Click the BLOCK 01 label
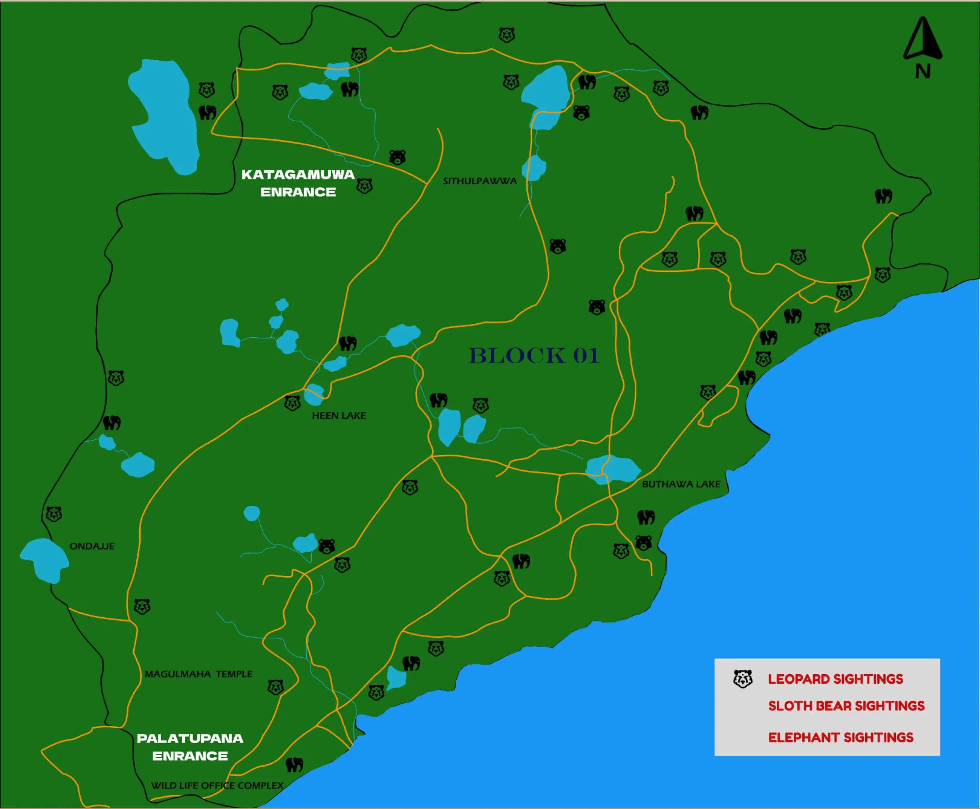534,356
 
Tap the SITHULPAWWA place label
480,181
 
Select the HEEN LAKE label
339,415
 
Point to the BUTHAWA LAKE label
681,484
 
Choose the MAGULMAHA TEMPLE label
199,674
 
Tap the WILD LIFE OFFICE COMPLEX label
217,785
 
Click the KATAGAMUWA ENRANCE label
298,183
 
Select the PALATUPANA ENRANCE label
190,747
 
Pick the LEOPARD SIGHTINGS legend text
835,679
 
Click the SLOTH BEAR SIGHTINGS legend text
846,706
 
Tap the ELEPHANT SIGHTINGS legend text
840,737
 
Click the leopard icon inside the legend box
743,679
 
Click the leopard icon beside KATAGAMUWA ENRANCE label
364,186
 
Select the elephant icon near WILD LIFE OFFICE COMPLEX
294,764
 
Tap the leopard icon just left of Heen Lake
292,403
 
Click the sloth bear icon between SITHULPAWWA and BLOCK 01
557,246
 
